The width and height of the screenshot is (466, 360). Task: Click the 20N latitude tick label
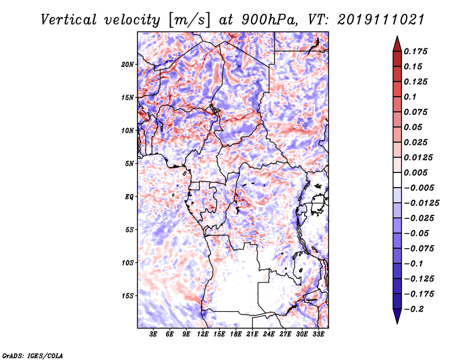pyautogui.click(x=128, y=64)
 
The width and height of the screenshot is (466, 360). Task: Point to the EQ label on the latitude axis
pyautogui.click(x=129, y=196)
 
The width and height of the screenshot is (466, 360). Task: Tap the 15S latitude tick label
pyautogui.click(x=128, y=295)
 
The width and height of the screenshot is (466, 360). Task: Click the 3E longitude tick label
pyautogui.click(x=154, y=334)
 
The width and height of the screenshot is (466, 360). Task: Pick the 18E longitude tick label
pyautogui.click(x=236, y=334)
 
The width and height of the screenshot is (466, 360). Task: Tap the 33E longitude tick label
pyautogui.click(x=318, y=334)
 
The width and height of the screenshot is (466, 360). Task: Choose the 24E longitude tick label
pyautogui.click(x=269, y=334)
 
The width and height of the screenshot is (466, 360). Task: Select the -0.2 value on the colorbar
pyautogui.click(x=415, y=309)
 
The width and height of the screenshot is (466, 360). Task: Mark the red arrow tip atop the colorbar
pyautogui.click(x=397, y=38)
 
